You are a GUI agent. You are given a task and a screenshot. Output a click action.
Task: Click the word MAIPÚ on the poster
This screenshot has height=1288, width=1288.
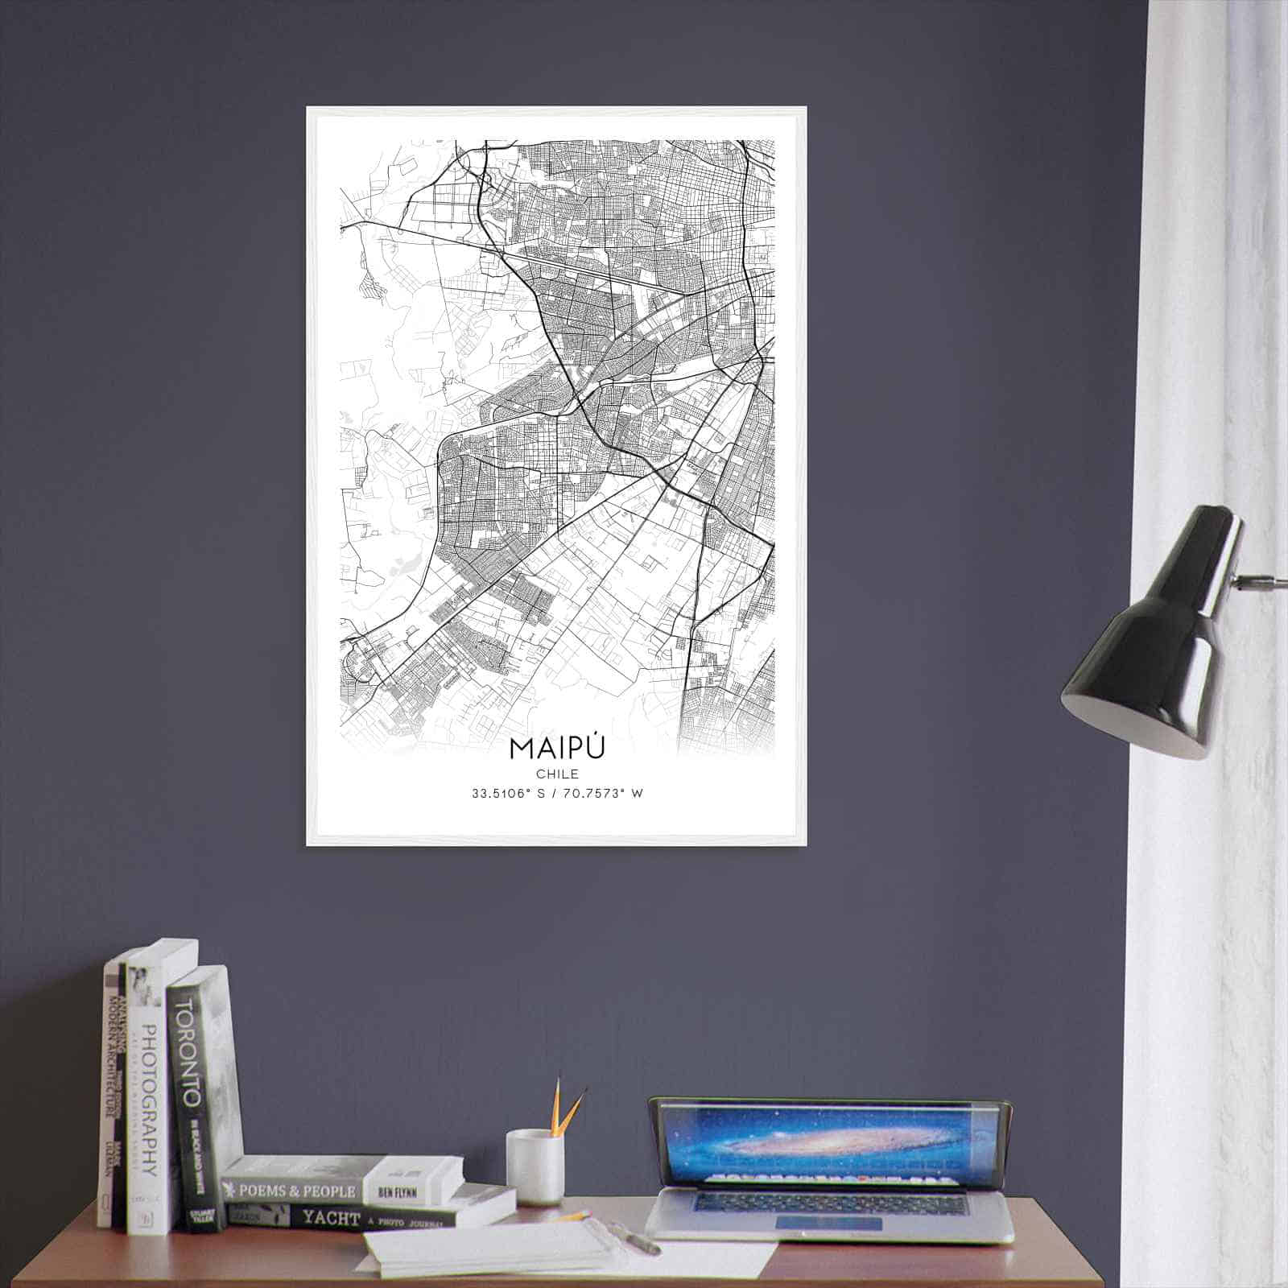pyautogui.click(x=556, y=747)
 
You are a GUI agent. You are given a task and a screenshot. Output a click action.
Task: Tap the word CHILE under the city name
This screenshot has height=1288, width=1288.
pyautogui.click(x=556, y=774)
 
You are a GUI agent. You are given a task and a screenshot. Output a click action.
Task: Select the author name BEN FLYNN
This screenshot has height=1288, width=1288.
pyautogui.click(x=398, y=1190)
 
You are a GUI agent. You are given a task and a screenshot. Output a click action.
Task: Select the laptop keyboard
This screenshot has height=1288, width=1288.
pyautogui.click(x=829, y=1203)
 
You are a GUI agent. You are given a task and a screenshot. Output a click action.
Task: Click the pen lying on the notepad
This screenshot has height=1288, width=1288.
pyautogui.click(x=636, y=1238)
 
